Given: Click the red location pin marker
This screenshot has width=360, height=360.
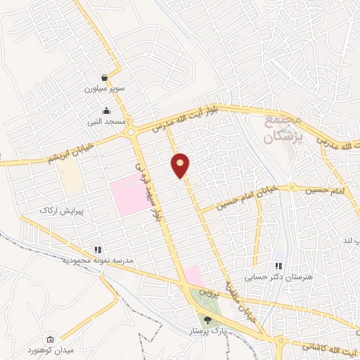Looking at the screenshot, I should pyautogui.click(x=181, y=165).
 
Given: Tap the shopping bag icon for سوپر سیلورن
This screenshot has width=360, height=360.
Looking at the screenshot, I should pyautogui.click(x=105, y=77).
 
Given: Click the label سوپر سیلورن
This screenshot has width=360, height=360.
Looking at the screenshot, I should pyautogui.click(x=105, y=89).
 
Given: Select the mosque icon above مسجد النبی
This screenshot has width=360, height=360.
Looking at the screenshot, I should pyautogui.click(x=106, y=110).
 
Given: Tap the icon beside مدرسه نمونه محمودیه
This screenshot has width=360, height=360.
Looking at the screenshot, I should pyautogui.click(x=98, y=249).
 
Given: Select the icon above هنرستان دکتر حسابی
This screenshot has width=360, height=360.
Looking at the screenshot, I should pyautogui.click(x=279, y=266).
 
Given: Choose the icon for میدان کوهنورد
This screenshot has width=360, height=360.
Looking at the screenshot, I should pyautogui.click(x=50, y=339).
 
